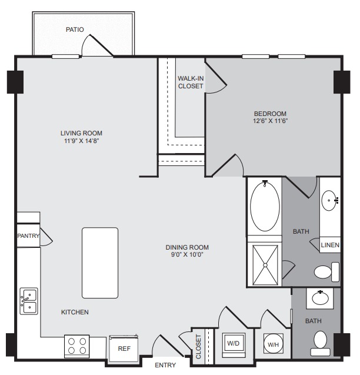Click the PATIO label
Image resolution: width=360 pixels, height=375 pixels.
75,29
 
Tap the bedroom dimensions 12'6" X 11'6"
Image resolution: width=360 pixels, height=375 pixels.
270,121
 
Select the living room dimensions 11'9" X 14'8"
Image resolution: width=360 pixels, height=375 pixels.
81,141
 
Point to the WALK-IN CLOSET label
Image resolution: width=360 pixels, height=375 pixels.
191,82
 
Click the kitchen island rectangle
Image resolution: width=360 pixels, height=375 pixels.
100,263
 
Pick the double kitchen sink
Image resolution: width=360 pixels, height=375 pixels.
29,301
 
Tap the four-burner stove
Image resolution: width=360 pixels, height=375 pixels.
76,346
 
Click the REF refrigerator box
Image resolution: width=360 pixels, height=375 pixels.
124,349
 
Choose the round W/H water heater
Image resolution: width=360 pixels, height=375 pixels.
273,344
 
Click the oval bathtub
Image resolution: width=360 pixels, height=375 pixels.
265,206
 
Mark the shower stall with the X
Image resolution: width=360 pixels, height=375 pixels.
265,265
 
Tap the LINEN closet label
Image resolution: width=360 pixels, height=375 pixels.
330,245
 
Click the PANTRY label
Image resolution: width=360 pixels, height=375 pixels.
28,236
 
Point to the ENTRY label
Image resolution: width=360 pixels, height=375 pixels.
165,365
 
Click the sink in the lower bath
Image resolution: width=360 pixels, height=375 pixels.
321,298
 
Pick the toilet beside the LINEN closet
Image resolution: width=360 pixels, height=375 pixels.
326,272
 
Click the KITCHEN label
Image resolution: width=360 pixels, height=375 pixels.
75,312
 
